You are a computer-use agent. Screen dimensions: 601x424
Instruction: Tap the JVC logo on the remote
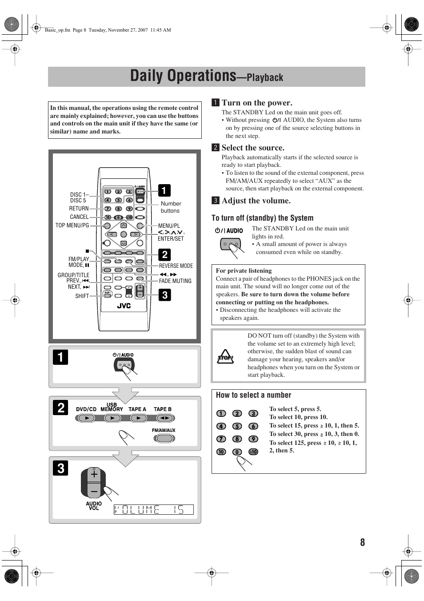(x=124, y=306)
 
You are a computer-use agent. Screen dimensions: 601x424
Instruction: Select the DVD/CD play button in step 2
(x=87, y=418)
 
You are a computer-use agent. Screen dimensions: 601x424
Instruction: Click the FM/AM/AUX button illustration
(x=164, y=438)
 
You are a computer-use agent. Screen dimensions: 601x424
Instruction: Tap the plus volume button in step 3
(x=94, y=475)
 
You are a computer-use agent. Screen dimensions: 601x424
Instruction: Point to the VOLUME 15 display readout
(x=153, y=510)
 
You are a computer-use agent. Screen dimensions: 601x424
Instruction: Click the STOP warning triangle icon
(x=225, y=357)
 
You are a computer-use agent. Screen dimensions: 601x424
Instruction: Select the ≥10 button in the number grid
(x=253, y=452)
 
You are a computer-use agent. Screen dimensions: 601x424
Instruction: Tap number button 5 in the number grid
(x=237, y=426)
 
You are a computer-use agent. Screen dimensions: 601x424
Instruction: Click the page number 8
(x=362, y=542)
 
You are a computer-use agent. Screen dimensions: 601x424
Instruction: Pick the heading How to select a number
(x=253, y=395)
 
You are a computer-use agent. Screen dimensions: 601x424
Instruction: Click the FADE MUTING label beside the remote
(x=175, y=281)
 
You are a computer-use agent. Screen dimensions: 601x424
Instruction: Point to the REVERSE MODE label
(x=176, y=266)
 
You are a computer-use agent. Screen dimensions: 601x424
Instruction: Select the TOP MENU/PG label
(x=72, y=226)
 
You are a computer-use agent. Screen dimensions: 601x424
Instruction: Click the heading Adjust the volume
(x=256, y=201)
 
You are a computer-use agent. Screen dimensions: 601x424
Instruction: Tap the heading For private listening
(x=244, y=270)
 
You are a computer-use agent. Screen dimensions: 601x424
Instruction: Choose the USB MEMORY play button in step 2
(x=112, y=418)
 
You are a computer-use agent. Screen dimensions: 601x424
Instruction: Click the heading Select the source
(x=253, y=148)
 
